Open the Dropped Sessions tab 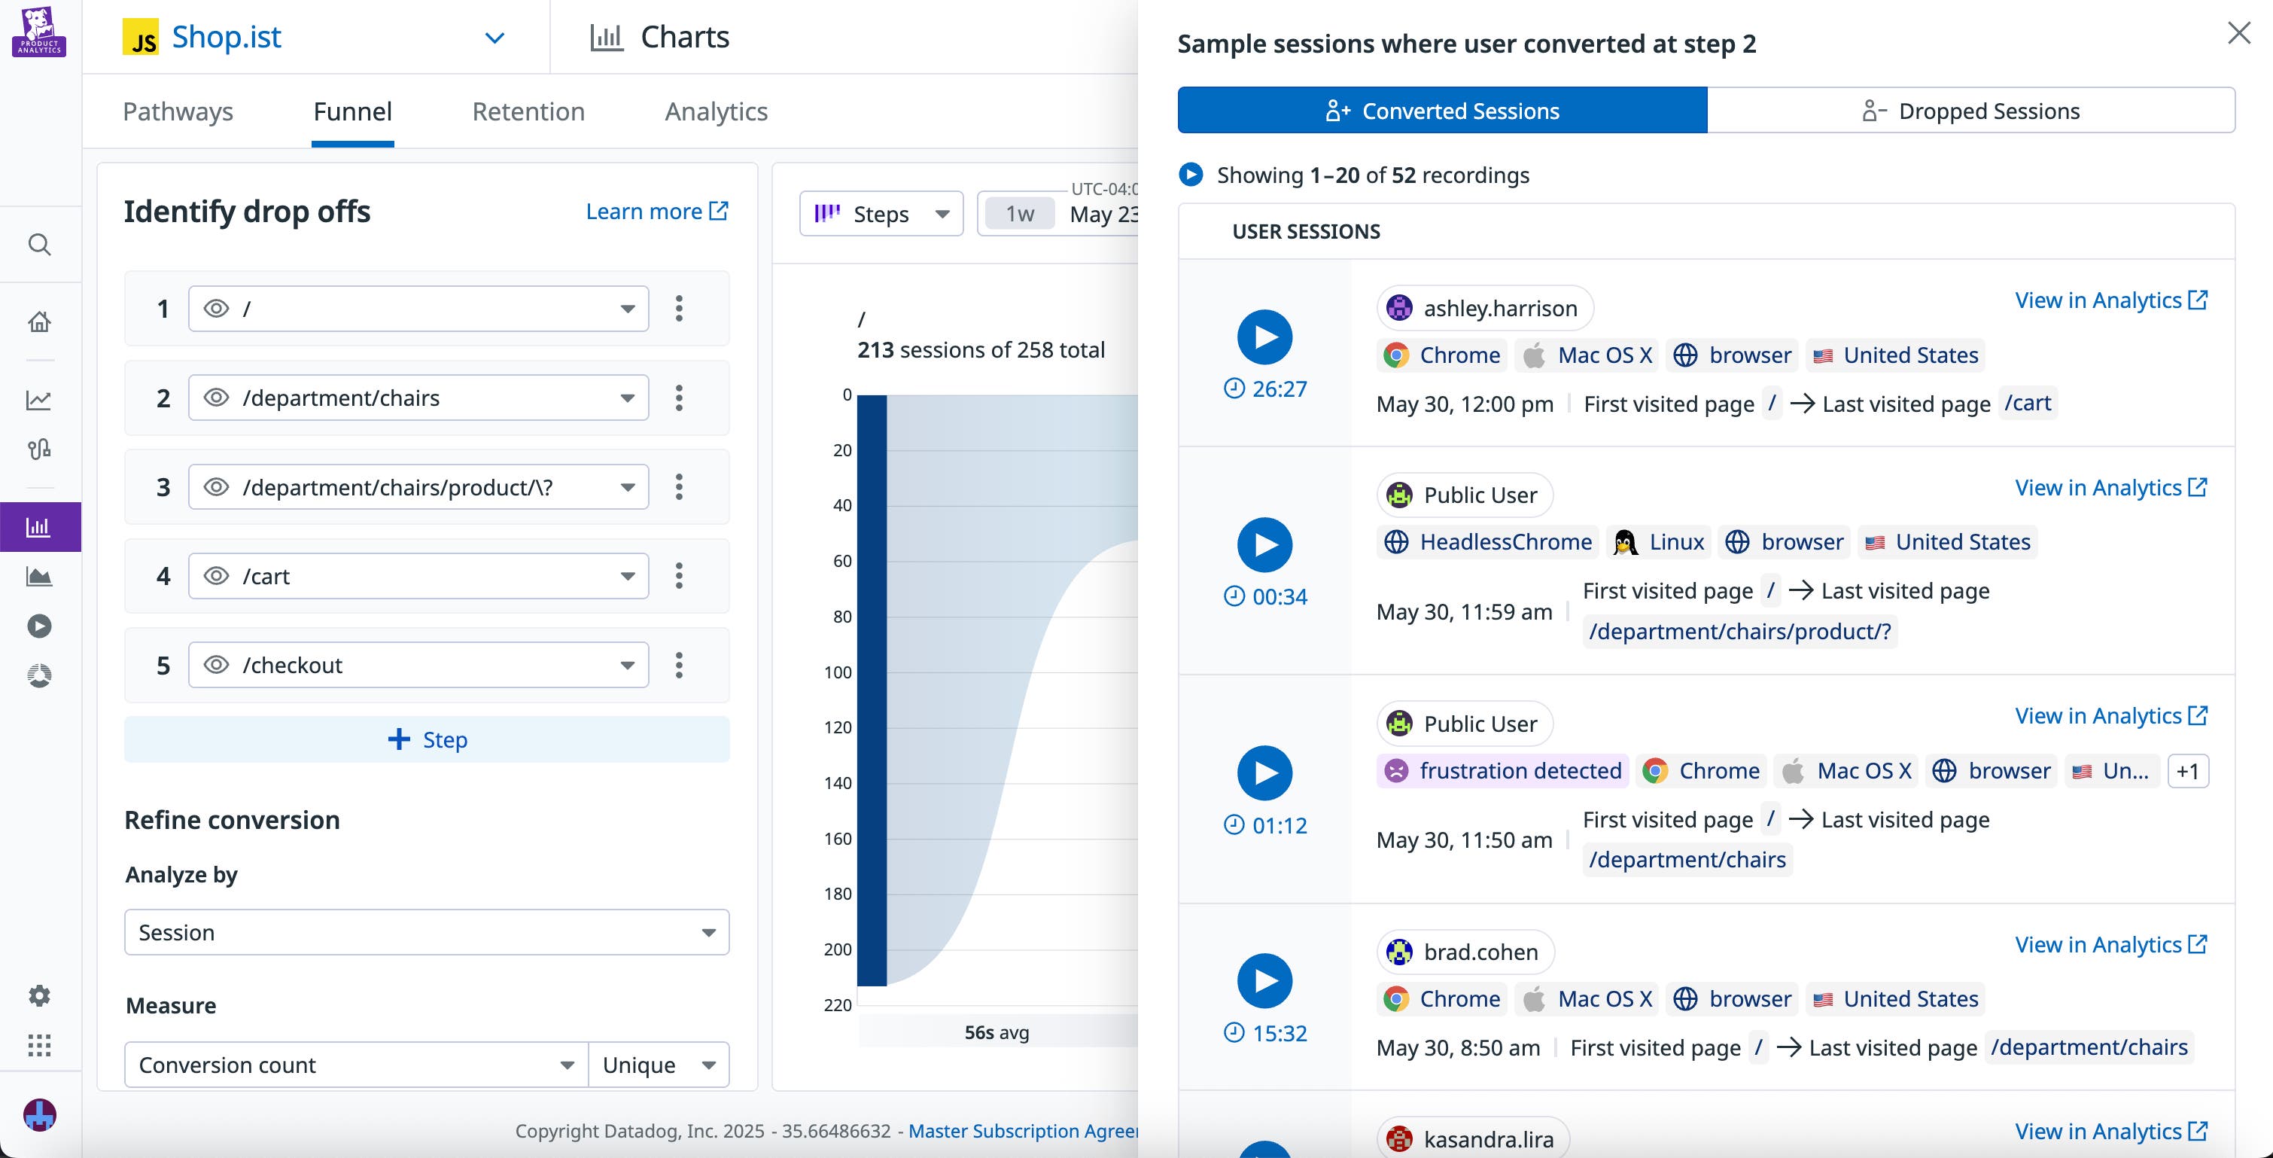pos(1970,111)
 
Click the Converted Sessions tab pos(1442,111)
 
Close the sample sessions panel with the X pos(2238,34)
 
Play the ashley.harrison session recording pos(1264,337)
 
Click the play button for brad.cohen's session pos(1264,980)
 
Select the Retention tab pos(528,111)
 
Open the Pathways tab pos(178,111)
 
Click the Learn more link pos(656,212)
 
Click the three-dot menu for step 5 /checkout pos(679,666)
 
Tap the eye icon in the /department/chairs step pos(216,398)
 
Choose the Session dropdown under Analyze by pos(426,932)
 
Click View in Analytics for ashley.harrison pos(2110,301)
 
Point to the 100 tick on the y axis pos(838,672)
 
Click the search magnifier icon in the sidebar pos(40,245)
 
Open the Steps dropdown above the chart pos(881,215)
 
